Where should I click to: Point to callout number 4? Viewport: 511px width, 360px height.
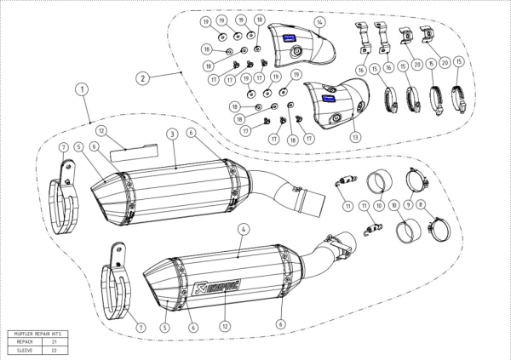pyautogui.click(x=243, y=229)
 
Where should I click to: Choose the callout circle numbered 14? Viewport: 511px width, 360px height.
pyautogui.click(x=319, y=20)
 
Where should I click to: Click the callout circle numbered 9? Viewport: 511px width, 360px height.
pyautogui.click(x=408, y=204)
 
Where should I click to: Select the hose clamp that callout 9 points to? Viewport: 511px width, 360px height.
pyautogui.click(x=417, y=180)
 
